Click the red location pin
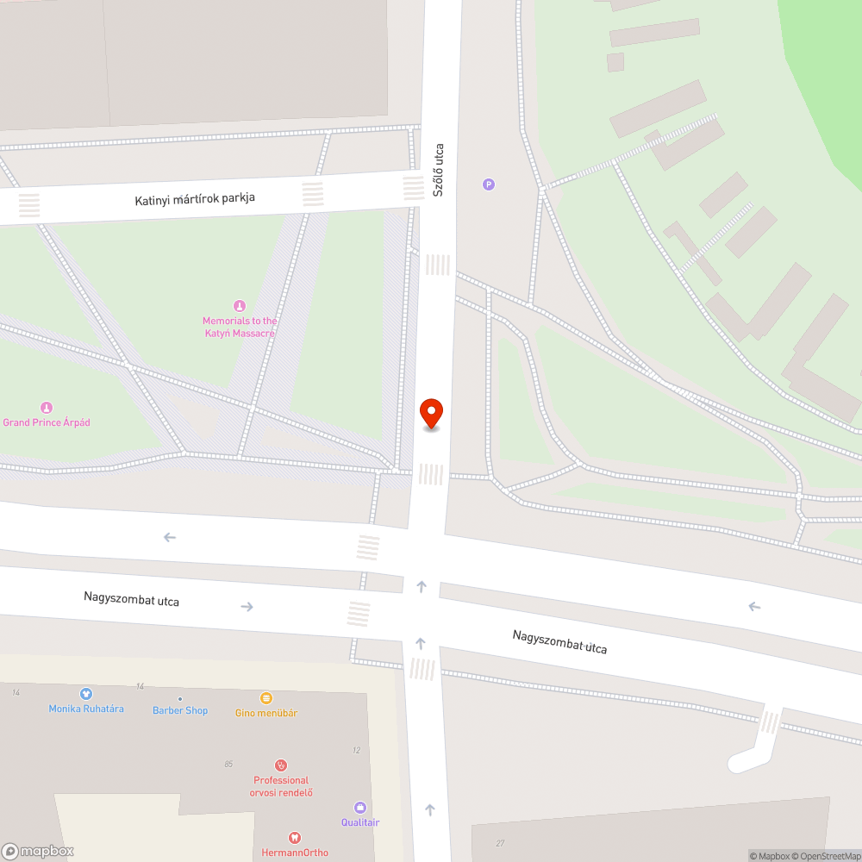click(x=431, y=413)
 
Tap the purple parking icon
click(x=489, y=184)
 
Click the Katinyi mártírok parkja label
click(x=195, y=199)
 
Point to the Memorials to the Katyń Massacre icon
click(x=240, y=306)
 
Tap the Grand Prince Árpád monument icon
click(x=47, y=407)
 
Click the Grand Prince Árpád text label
click(x=47, y=423)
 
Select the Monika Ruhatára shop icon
click(x=85, y=694)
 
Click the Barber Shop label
click(x=180, y=710)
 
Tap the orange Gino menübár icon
click(x=266, y=698)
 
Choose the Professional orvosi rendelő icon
click(x=280, y=765)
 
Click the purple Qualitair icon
click(x=360, y=808)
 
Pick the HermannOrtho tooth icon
click(x=295, y=838)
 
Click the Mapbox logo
click(x=39, y=851)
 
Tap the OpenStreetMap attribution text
click(x=825, y=856)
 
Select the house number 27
click(x=500, y=843)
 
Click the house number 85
click(x=228, y=764)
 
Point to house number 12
click(x=356, y=750)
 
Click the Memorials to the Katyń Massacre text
click(x=240, y=327)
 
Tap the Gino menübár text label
click(x=266, y=713)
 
